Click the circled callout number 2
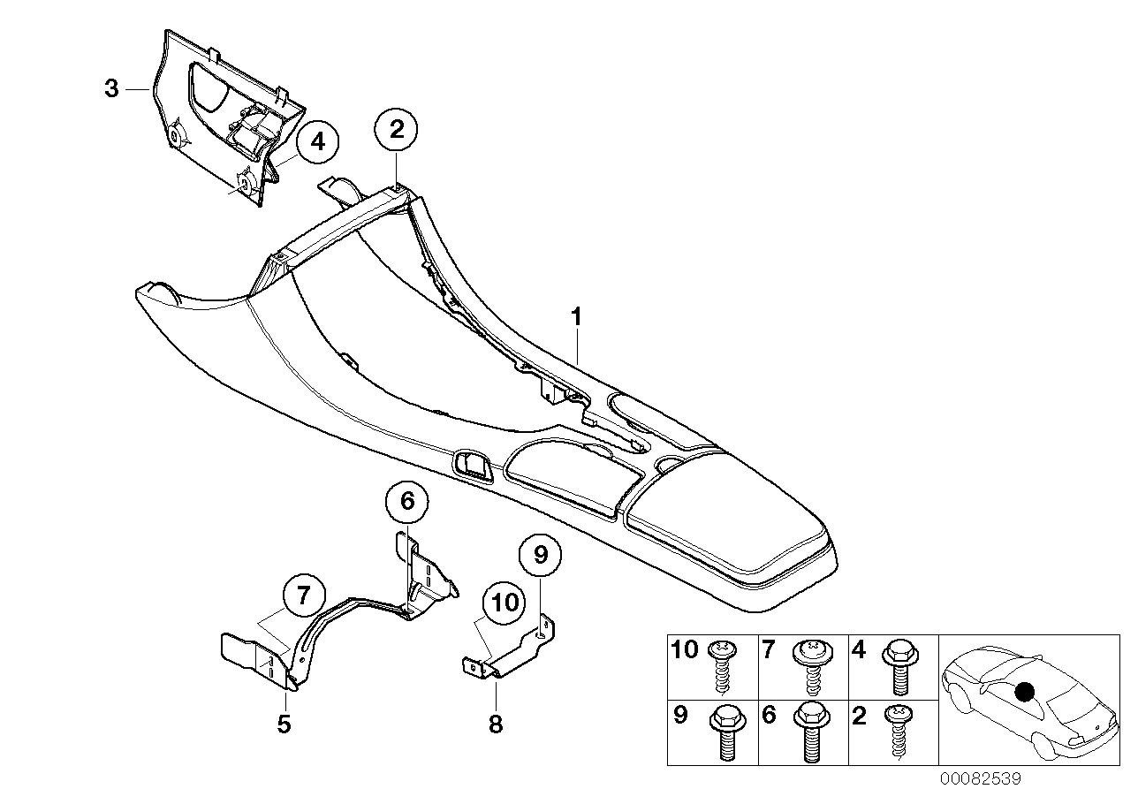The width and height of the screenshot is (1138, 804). pyautogui.click(x=397, y=131)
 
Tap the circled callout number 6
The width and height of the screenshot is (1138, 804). pyautogui.click(x=406, y=502)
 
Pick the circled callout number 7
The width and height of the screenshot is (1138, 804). pyautogui.click(x=304, y=595)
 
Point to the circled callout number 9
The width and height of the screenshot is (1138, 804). pyautogui.click(x=541, y=555)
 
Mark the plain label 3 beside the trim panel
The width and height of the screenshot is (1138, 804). pyautogui.click(x=111, y=88)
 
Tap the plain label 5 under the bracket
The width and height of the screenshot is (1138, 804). pyautogui.click(x=283, y=724)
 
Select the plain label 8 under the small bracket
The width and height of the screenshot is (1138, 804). pyautogui.click(x=496, y=724)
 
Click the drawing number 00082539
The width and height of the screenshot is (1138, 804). pyautogui.click(x=981, y=779)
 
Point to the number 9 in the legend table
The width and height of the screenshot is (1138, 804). pyautogui.click(x=679, y=715)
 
